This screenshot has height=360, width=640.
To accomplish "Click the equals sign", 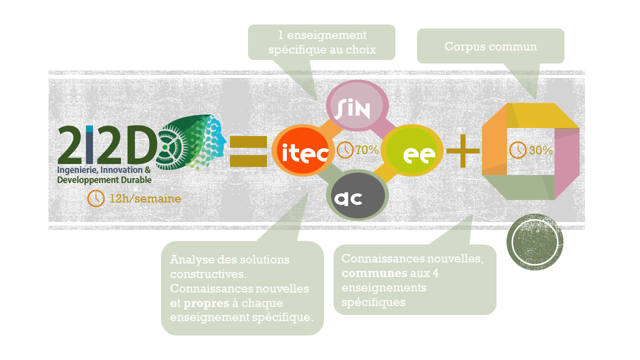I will coord(248,151).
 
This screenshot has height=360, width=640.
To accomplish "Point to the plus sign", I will coord(462,150).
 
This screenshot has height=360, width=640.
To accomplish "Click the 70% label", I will coord(367,149).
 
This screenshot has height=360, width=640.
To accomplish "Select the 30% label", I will coord(540,150).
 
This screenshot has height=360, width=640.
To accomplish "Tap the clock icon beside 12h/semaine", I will coord(95,198).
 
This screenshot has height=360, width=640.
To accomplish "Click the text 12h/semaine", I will coord(145,199).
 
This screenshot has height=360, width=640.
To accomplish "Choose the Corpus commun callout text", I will coord(490,46).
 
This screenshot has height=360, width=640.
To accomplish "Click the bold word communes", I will coord(374,273).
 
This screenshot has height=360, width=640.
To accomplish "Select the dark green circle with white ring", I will coord(534,242).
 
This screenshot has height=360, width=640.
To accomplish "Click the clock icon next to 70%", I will coord(345,149).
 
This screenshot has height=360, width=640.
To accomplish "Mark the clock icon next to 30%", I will coord(517,149).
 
